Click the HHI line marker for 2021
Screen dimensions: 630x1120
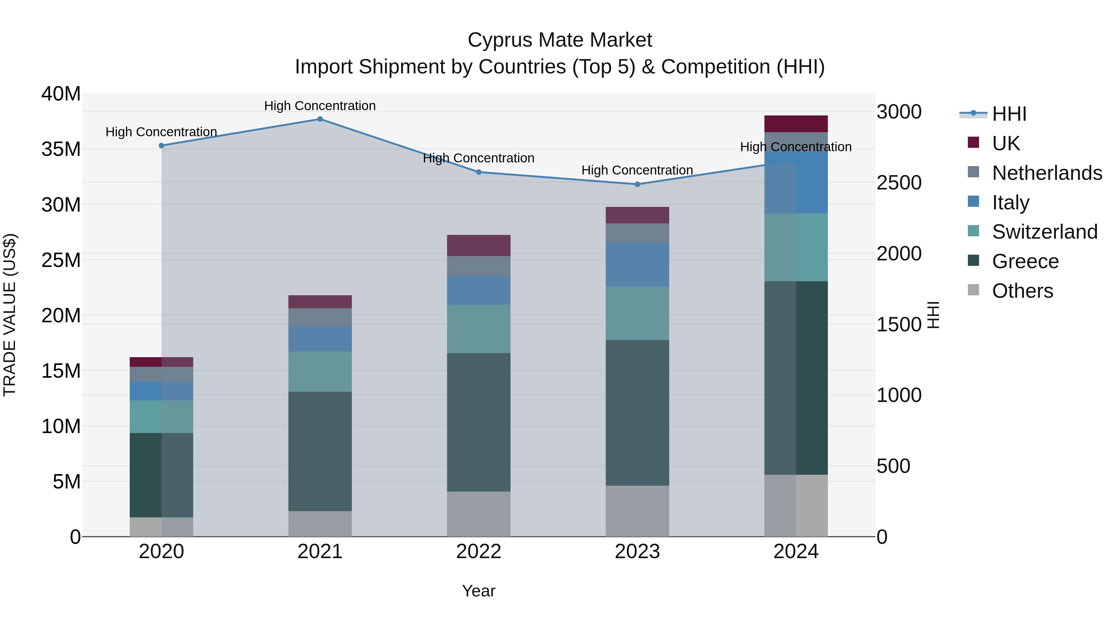click(x=320, y=119)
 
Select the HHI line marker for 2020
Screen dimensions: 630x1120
click(x=161, y=146)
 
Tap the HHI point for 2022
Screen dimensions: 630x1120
click(x=479, y=172)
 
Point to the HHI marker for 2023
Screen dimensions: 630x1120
click(x=637, y=184)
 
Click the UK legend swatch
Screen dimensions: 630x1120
click(x=973, y=142)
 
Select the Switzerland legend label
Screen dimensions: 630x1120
click(x=1045, y=232)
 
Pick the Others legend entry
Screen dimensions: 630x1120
click(x=1022, y=291)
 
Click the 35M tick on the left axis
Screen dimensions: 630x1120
click(x=61, y=149)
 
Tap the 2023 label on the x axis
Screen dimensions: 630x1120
click(x=637, y=552)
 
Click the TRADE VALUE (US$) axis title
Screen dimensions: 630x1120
click(x=10, y=315)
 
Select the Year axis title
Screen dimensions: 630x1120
click(x=479, y=591)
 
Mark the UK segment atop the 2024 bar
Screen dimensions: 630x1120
click(x=796, y=124)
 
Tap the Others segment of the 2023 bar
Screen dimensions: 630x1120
click(x=637, y=511)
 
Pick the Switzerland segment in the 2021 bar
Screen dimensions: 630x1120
click(x=320, y=372)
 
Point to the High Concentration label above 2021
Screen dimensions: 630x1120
click(x=320, y=106)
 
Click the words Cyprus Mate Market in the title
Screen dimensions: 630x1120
click(x=560, y=40)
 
